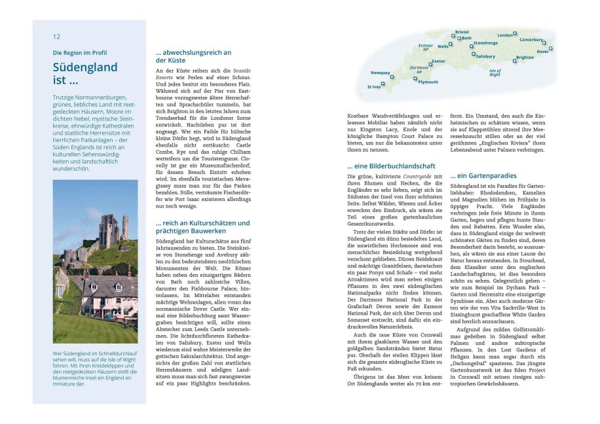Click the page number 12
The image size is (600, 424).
click(x=56, y=37)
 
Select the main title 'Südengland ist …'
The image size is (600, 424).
click(x=84, y=74)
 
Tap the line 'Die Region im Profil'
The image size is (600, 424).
click(x=79, y=53)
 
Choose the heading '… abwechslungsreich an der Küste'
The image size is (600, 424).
click(x=193, y=56)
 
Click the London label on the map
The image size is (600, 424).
click(x=504, y=35)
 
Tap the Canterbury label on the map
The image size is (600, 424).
click(x=531, y=40)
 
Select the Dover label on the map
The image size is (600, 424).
click(x=542, y=51)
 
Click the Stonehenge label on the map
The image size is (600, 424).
click(x=485, y=43)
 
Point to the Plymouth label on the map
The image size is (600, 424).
click(x=428, y=82)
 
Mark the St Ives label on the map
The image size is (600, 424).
click(x=373, y=86)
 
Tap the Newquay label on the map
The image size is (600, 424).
click(x=380, y=73)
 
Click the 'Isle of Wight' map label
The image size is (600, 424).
click(x=495, y=73)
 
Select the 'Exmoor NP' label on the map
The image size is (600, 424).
click(x=426, y=47)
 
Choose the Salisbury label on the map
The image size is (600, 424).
click(x=485, y=56)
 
